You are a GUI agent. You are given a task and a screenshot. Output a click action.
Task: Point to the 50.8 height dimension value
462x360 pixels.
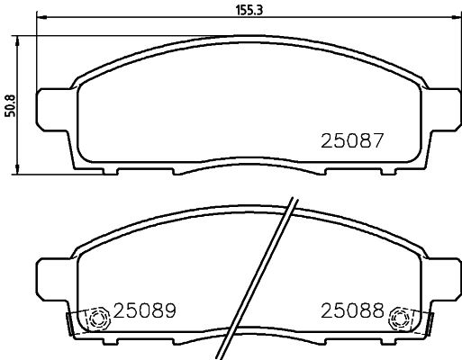click(x=10, y=105)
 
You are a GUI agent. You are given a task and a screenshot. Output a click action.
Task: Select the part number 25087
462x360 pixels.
click(x=353, y=140)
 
